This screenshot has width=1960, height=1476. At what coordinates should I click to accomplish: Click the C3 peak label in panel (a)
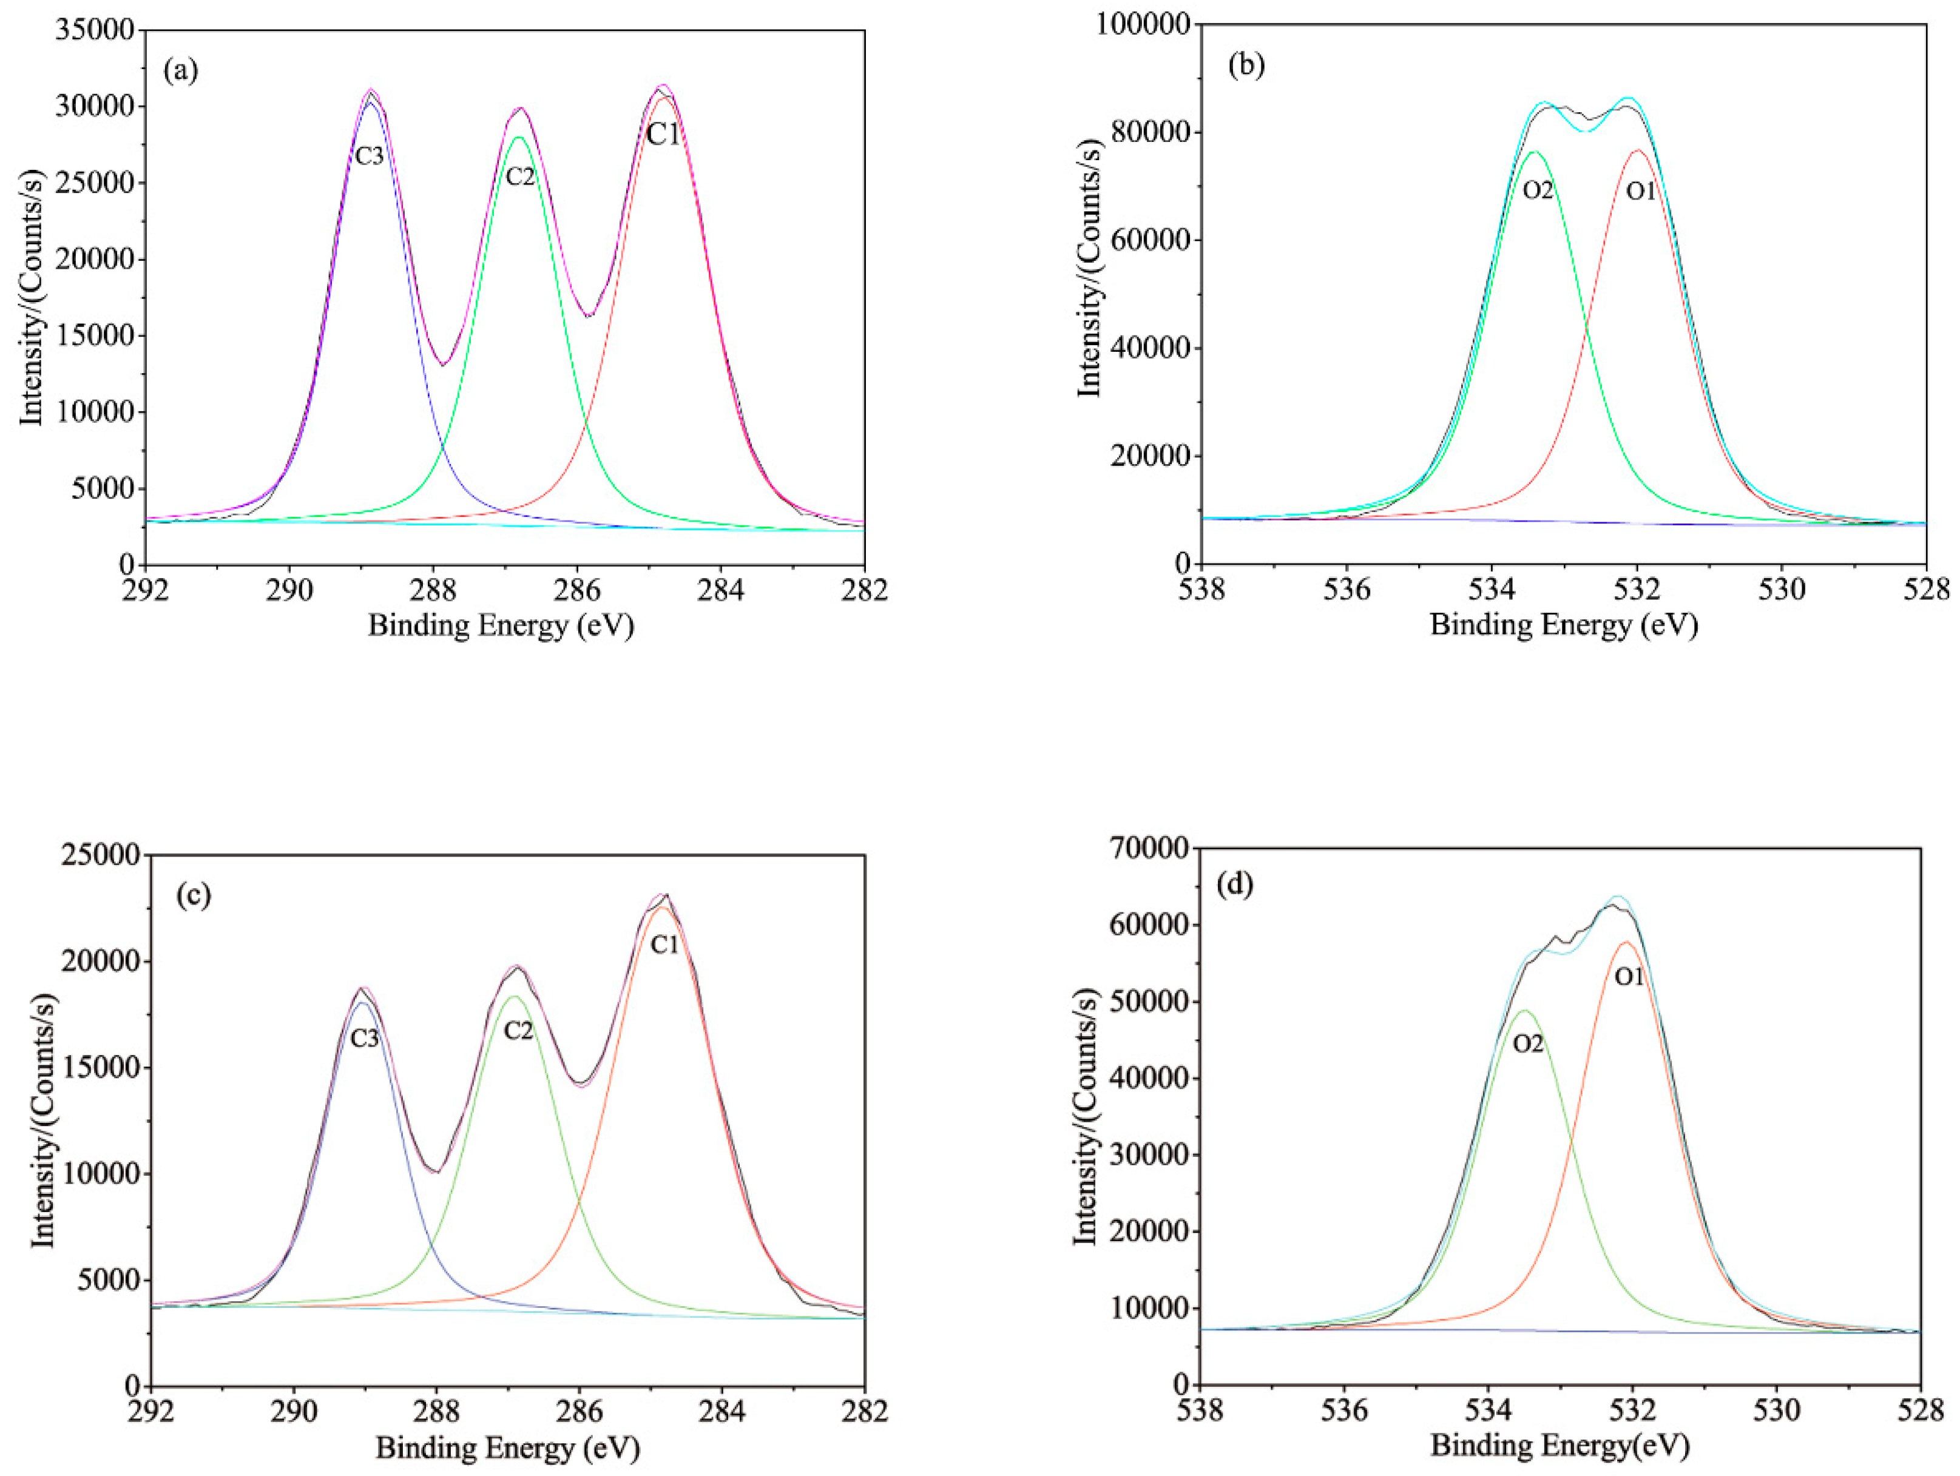pyautogui.click(x=370, y=157)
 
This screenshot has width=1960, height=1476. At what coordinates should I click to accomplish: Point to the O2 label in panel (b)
pyautogui.click(x=1538, y=190)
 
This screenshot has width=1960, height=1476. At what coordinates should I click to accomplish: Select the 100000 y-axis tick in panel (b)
pyautogui.click(x=1142, y=25)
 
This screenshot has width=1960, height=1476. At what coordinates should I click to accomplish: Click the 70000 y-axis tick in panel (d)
pyautogui.click(x=1147, y=849)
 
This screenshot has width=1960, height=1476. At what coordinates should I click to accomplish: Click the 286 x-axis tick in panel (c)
pyautogui.click(x=580, y=1410)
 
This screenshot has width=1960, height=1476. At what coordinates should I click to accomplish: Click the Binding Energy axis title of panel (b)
pyautogui.click(x=1563, y=625)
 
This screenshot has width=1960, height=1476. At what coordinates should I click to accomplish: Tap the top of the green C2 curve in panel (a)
pyautogui.click(x=519, y=136)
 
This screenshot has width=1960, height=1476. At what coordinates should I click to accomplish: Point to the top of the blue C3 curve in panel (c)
pyautogui.click(x=362, y=1003)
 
